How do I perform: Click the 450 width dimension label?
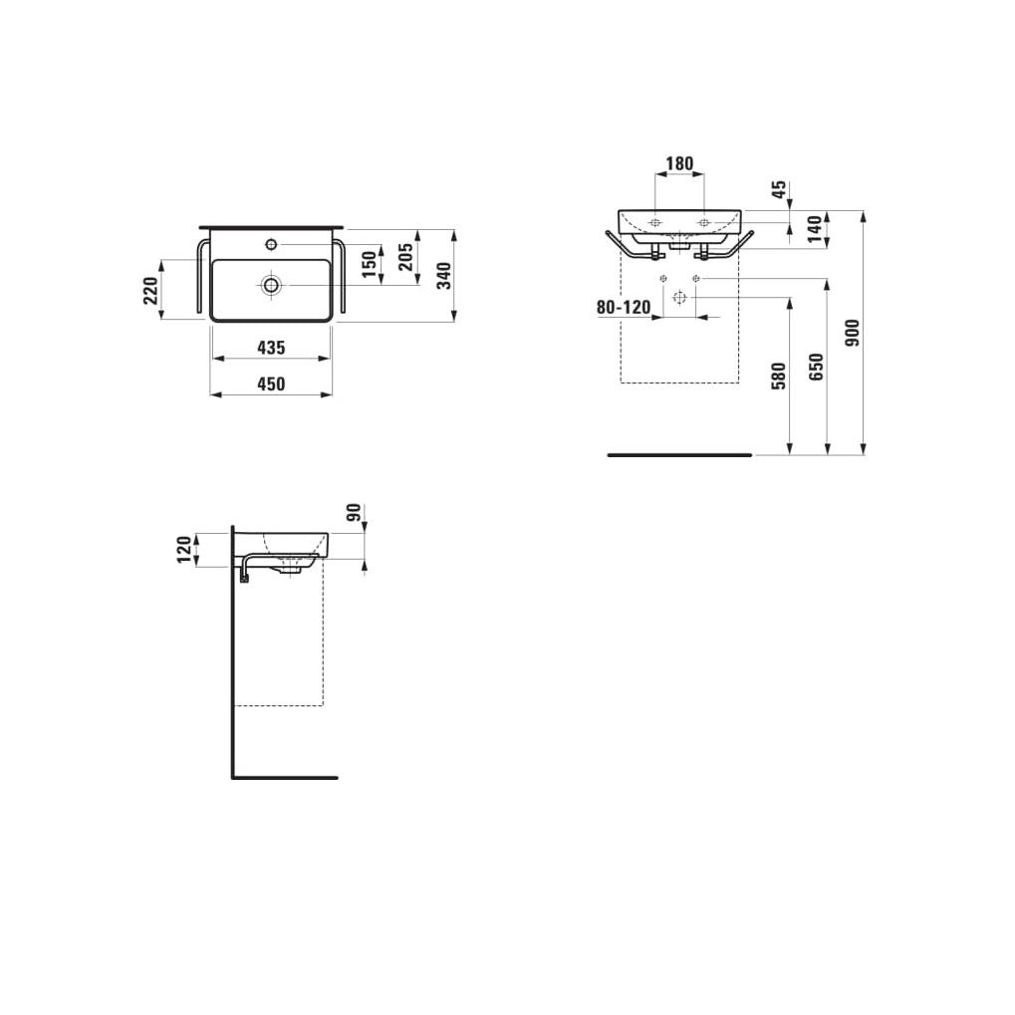pos(271,384)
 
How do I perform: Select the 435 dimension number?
pos(271,348)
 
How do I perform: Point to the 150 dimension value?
pos(369,264)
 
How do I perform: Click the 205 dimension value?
pos(405,258)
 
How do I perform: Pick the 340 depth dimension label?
pos(444,274)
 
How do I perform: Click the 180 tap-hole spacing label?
pos(679,163)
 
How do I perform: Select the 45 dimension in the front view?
pos(779,189)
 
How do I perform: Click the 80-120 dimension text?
pos(623,308)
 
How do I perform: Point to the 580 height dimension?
pos(779,375)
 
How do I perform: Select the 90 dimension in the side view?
pos(352,514)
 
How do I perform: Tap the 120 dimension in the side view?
pos(183,549)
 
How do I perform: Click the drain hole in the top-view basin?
pos(271,285)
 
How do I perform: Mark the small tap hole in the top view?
pos(271,244)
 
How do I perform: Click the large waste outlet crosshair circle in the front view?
pos(679,298)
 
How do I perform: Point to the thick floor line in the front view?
pos(679,455)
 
